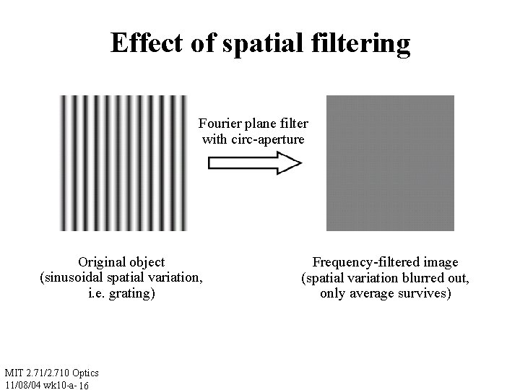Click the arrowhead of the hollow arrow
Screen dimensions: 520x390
pos(288,165)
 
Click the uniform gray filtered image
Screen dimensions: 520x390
pos(390,163)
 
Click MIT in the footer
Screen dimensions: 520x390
pos(14,373)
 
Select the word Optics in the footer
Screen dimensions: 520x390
pos(84,373)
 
